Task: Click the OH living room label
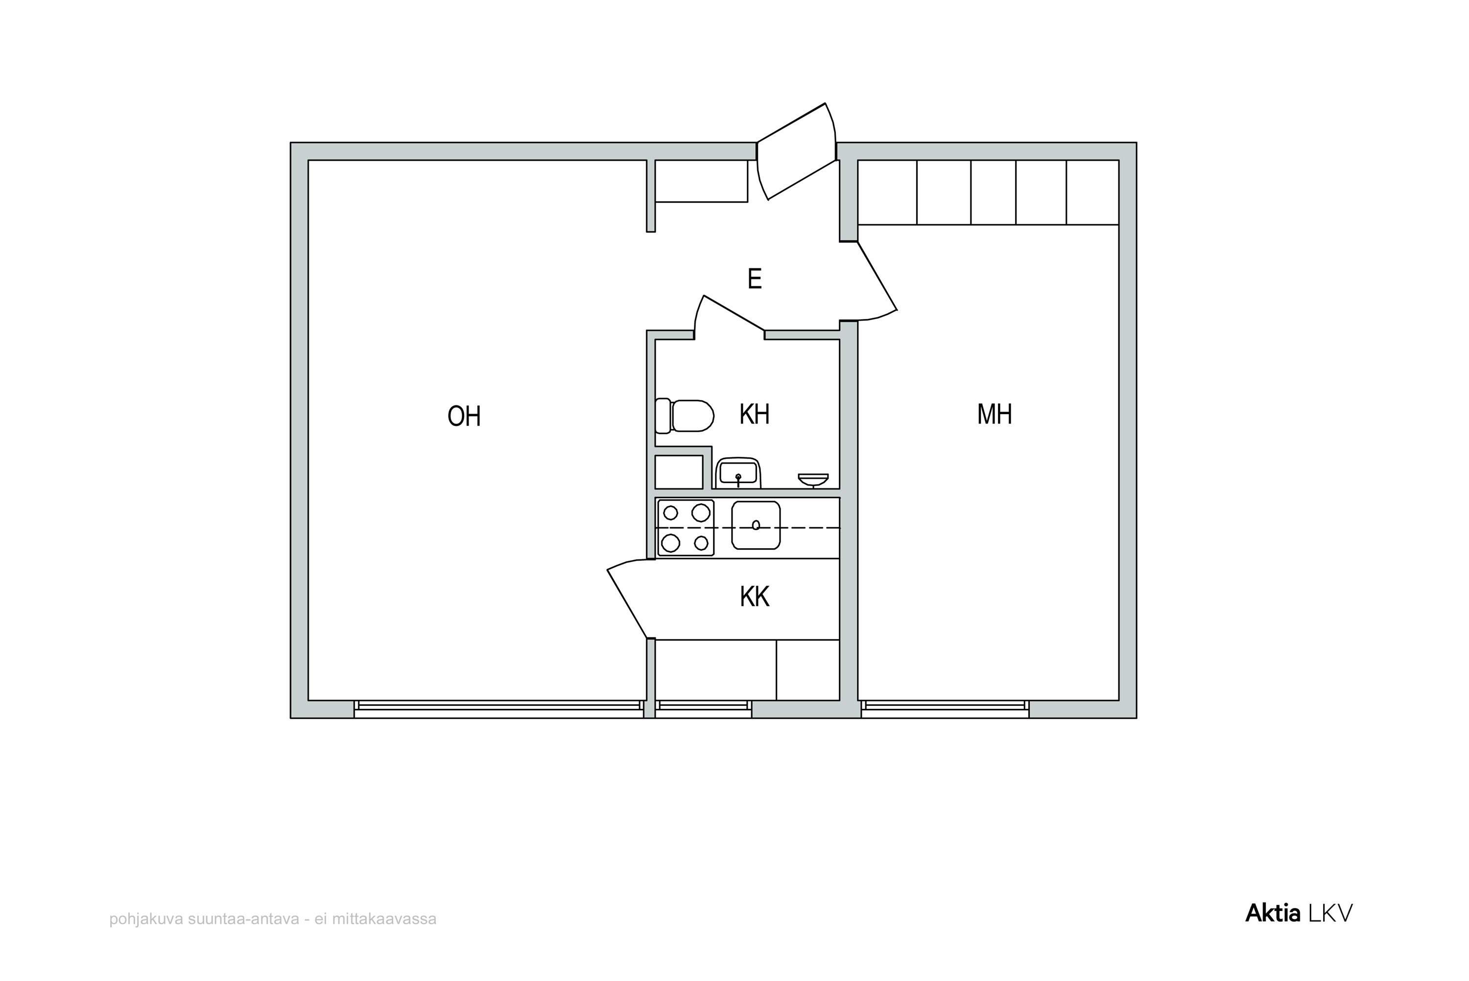click(464, 416)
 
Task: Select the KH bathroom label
click(754, 414)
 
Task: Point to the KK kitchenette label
click(754, 597)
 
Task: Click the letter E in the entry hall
click(755, 279)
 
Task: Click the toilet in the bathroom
click(685, 416)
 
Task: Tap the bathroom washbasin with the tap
click(738, 473)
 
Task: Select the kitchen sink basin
click(756, 525)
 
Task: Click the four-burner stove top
click(686, 527)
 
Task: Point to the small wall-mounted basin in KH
click(813, 480)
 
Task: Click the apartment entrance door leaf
click(796, 151)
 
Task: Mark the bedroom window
click(945, 709)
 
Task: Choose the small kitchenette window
click(703, 709)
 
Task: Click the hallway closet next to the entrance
click(701, 181)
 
